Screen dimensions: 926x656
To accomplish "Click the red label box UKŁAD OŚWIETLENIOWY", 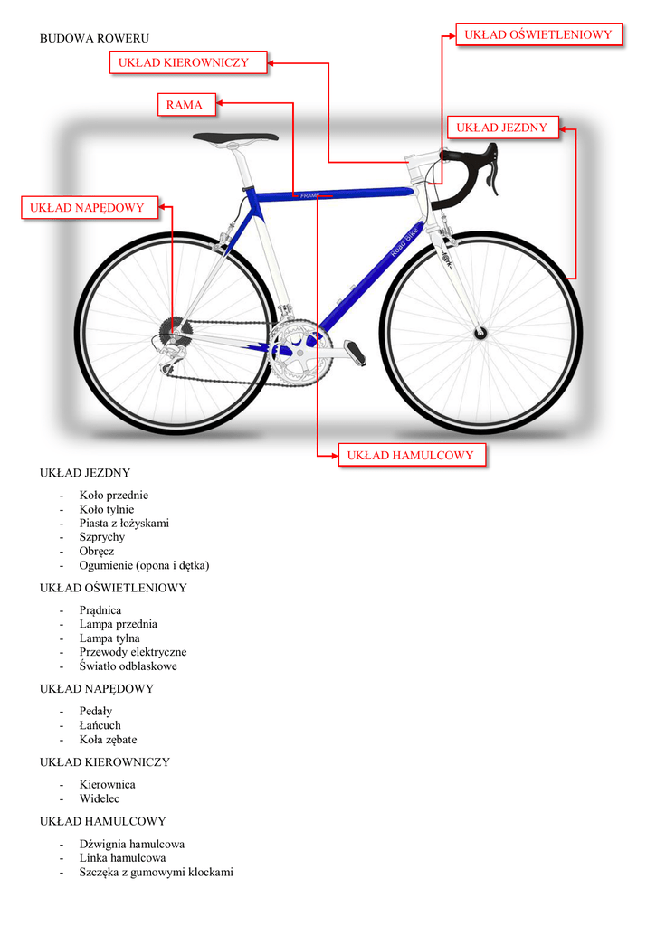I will [538, 35].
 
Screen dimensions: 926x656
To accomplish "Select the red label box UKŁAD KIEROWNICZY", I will [190, 62].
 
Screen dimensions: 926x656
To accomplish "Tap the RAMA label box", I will [185, 105].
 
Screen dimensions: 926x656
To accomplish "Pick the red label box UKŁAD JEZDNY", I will [501, 128].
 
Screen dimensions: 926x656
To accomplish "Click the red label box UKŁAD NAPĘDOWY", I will [87, 208].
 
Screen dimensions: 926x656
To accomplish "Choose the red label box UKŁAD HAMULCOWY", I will [410, 455].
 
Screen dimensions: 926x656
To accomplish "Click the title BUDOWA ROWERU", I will [94, 38].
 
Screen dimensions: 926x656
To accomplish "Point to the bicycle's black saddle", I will [234, 138].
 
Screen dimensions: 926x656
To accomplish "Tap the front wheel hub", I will [480, 334].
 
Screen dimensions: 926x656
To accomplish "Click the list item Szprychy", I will [102, 537].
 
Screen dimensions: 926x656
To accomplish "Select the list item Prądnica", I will [100, 610].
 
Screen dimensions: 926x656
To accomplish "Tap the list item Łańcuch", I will [100, 725].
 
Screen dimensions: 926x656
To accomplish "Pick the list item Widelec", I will [100, 798].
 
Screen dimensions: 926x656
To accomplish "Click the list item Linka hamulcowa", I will [122, 857].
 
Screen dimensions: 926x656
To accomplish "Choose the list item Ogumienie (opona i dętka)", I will [144, 565].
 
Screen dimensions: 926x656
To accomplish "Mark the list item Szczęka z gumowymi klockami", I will [156, 872].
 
